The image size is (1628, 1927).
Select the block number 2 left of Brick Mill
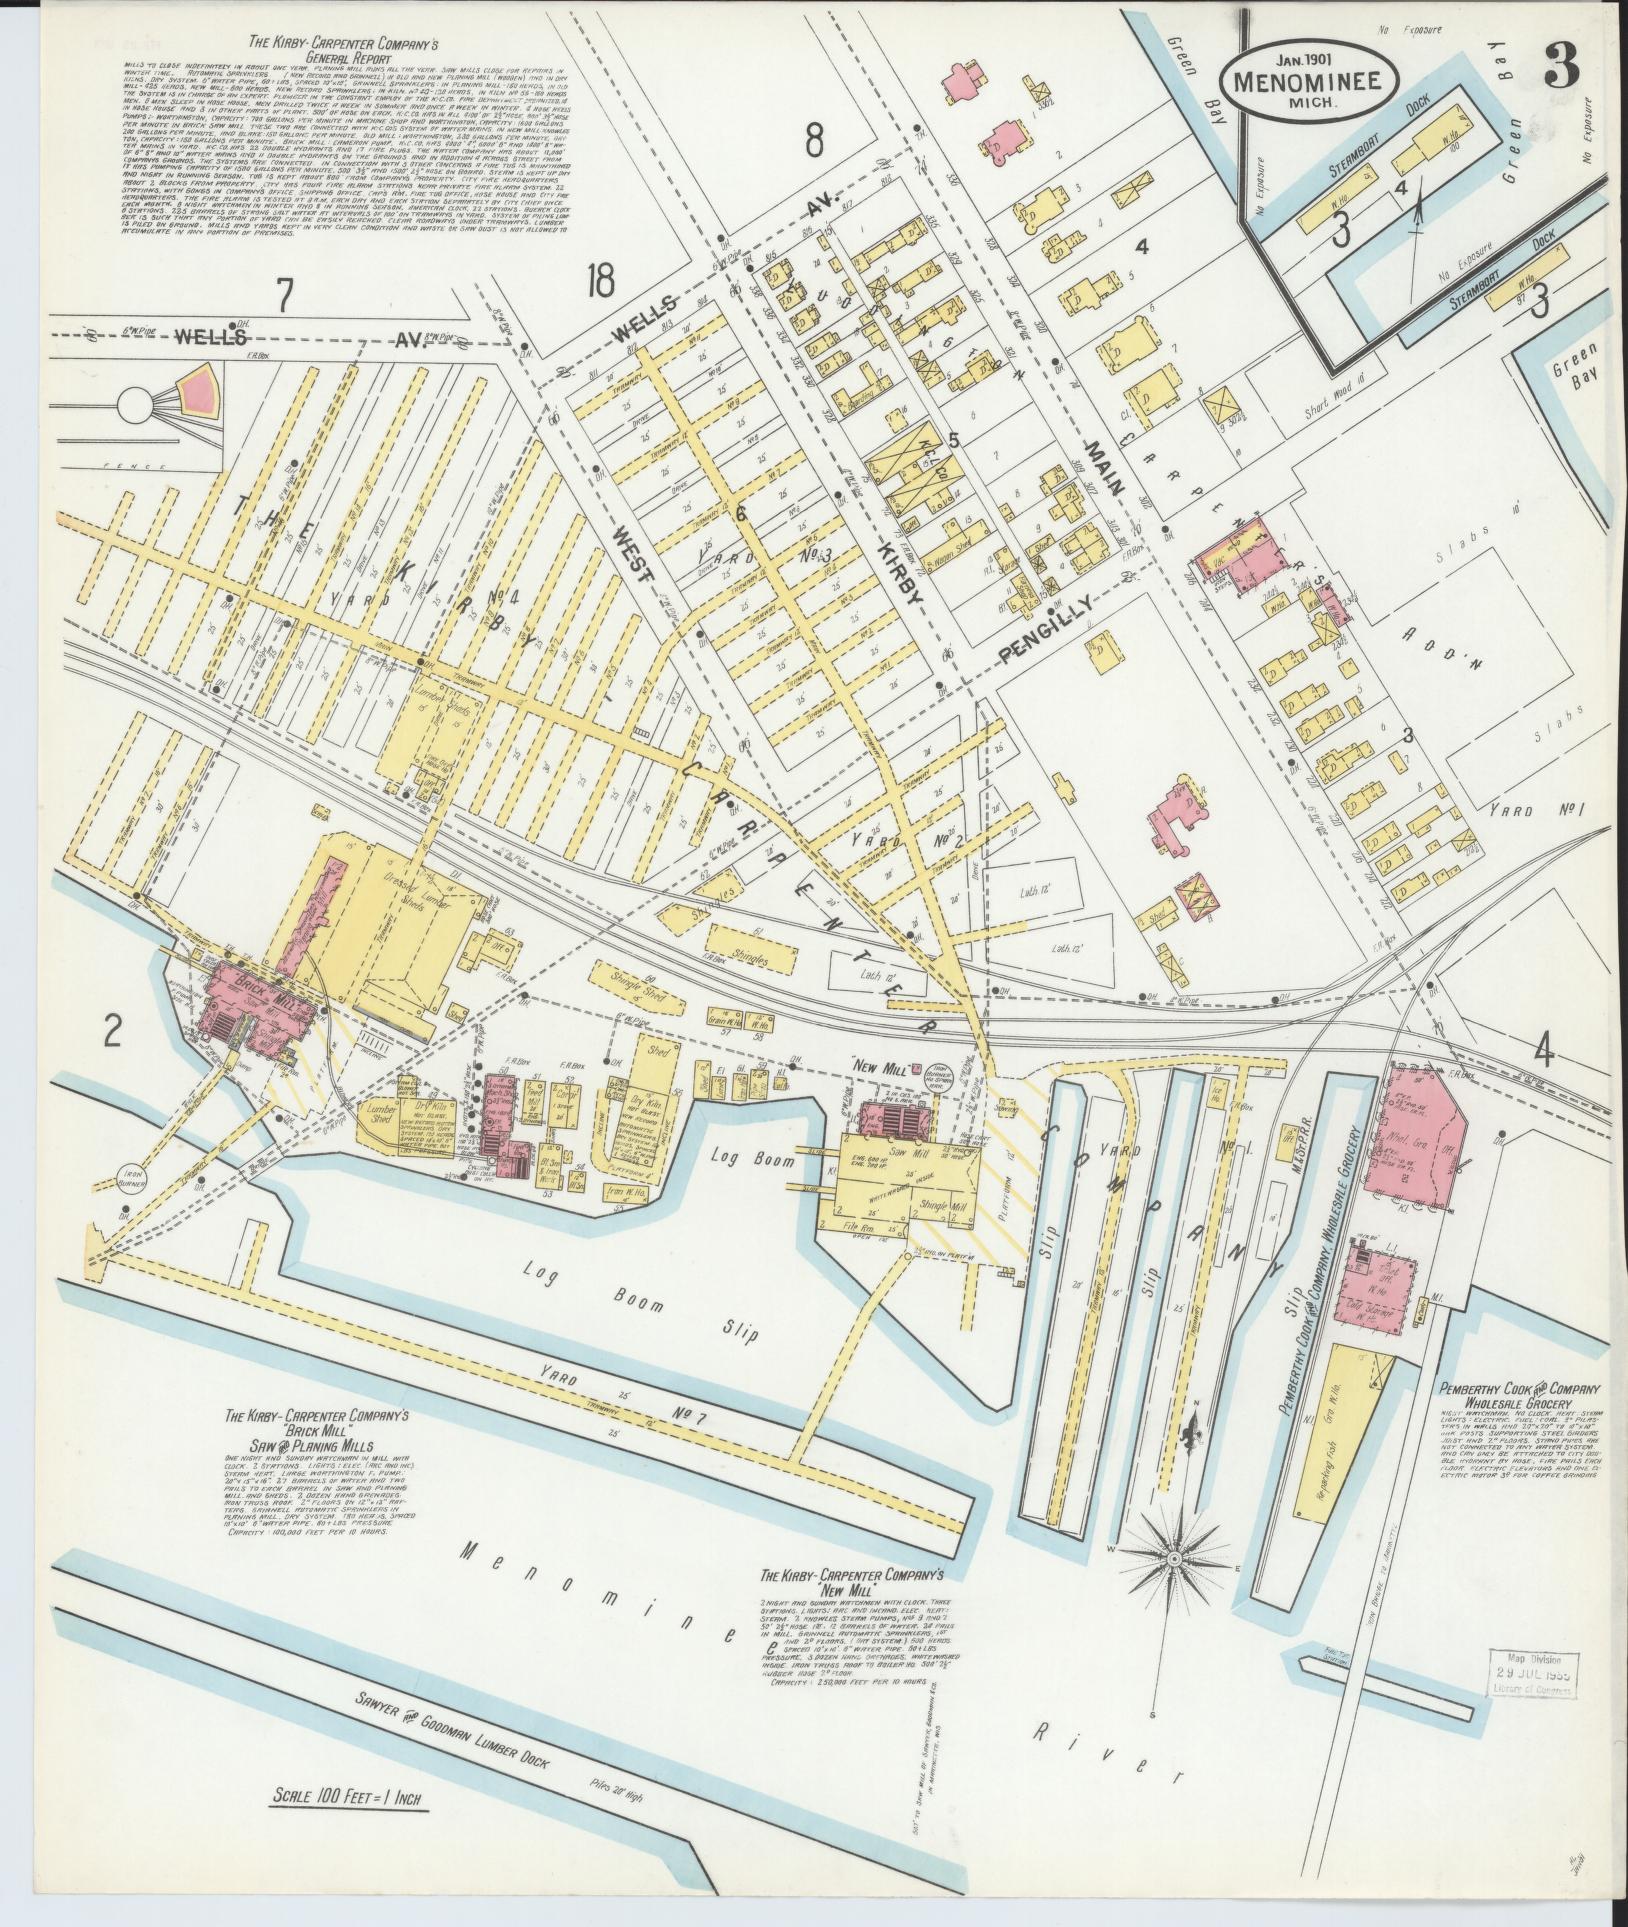112,1034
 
